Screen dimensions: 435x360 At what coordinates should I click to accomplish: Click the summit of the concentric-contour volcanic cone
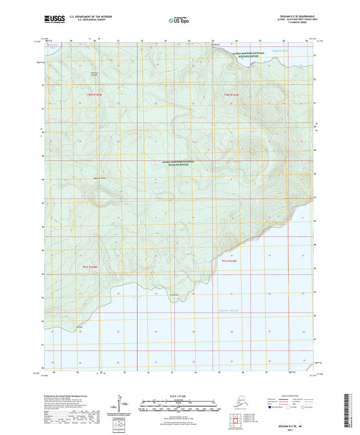pos(253,151)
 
